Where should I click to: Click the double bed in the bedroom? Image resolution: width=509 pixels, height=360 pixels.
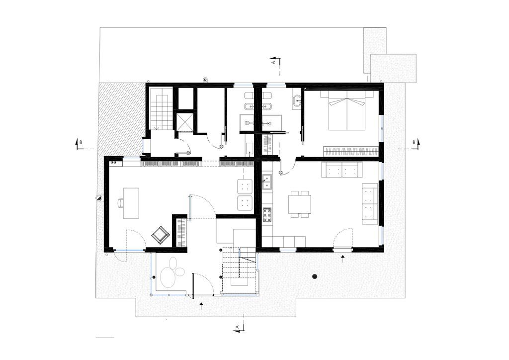click(x=347, y=110)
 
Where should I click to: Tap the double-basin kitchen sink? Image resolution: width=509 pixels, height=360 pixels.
click(x=267, y=182)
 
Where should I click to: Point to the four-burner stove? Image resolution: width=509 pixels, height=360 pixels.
click(x=267, y=215)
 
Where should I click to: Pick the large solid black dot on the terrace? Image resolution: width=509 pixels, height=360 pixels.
click(x=314, y=276)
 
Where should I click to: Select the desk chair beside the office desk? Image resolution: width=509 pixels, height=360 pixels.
click(x=120, y=203)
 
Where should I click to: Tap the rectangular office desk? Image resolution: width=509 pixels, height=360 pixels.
click(x=131, y=203)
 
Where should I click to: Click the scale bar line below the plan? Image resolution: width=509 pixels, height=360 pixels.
click(x=105, y=338)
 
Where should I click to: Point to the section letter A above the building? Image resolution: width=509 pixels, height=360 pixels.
click(x=273, y=61)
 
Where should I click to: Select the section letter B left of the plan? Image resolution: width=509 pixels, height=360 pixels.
click(x=81, y=142)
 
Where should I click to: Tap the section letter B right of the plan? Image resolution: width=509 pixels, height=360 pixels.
click(x=414, y=142)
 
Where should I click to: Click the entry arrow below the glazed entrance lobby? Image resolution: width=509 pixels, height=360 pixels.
click(x=202, y=306)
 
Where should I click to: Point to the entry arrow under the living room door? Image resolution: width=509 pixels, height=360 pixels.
click(x=343, y=259)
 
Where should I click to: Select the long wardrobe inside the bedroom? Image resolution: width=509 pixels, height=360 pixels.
click(x=350, y=151)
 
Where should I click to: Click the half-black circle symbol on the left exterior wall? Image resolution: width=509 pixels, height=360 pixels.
click(x=98, y=198)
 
